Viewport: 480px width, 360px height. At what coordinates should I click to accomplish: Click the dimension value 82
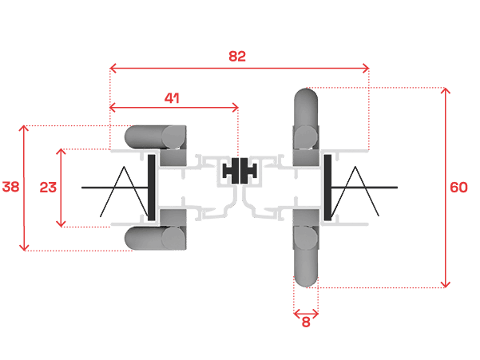tap(237, 56)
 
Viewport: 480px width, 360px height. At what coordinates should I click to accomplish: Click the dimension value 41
tap(171, 97)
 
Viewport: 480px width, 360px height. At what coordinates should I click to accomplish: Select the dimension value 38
tap(10, 188)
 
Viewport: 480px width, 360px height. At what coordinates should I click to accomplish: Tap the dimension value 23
tap(48, 188)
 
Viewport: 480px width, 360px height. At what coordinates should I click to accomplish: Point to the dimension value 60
tap(458, 188)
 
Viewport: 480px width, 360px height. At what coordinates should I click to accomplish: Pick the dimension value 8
tap(306, 322)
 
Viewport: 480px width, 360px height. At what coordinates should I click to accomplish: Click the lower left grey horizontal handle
tap(157, 238)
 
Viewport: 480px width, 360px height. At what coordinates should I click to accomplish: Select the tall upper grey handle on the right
tap(307, 120)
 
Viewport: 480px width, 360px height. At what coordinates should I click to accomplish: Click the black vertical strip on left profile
tap(150, 188)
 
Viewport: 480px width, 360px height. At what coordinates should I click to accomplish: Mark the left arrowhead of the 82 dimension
tap(112, 69)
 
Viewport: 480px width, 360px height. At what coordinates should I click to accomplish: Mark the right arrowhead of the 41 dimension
tap(236, 106)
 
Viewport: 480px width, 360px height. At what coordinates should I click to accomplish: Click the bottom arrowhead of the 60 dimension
tap(446, 284)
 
